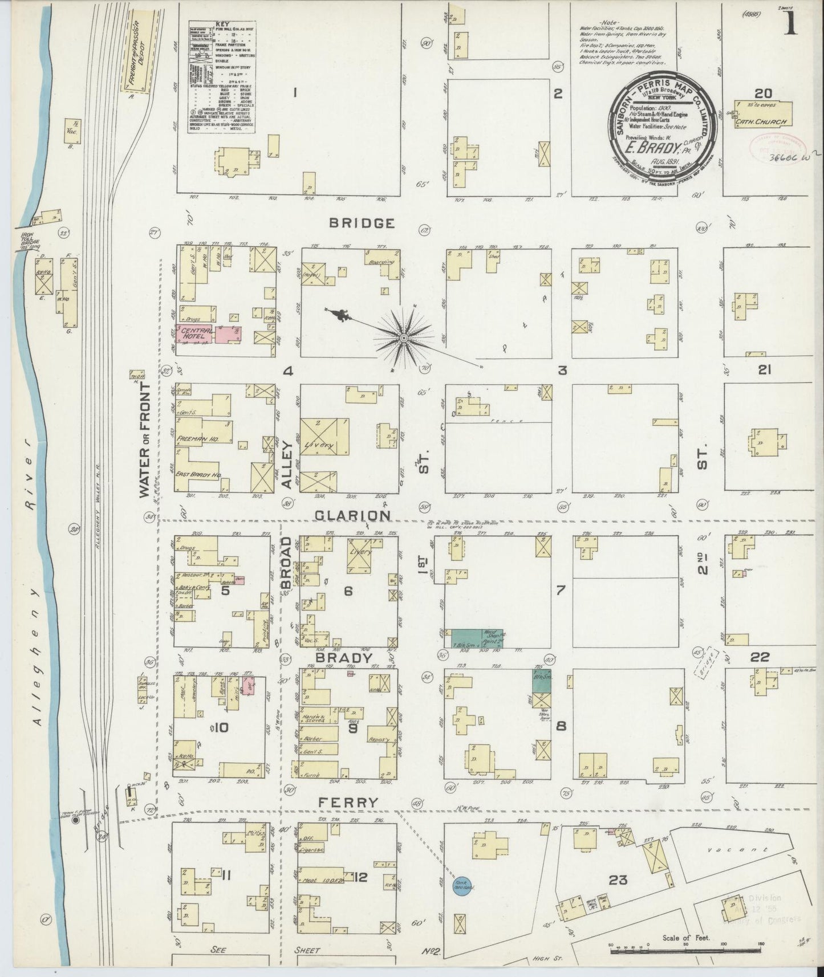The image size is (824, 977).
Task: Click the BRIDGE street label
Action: pos(362,223)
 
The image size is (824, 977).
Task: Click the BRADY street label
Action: pos(348,658)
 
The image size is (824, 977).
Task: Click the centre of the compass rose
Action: pos(403,339)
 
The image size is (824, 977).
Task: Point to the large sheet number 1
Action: pos(790,26)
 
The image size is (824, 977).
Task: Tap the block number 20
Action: pos(762,93)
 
